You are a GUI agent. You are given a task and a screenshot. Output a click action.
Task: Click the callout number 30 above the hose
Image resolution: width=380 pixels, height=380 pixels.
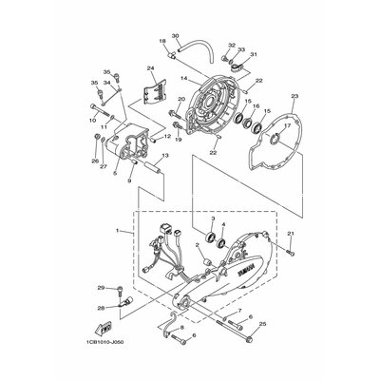[175, 35]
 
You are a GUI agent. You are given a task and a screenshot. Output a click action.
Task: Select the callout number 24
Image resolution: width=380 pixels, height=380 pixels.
[150, 68]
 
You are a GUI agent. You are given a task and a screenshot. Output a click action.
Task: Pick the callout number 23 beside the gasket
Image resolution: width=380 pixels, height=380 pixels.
[295, 96]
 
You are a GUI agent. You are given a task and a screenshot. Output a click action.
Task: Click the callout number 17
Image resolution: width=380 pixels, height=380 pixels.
[287, 124]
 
